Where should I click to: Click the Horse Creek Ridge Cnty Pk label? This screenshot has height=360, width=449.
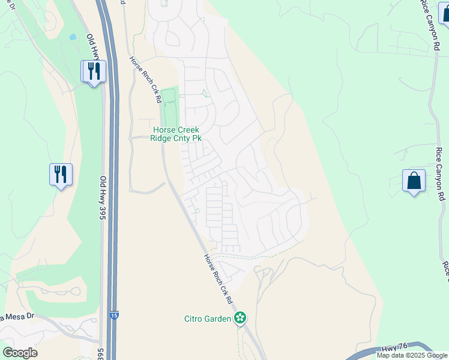[x=176, y=134]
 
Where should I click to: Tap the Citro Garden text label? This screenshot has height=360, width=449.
[x=208, y=319]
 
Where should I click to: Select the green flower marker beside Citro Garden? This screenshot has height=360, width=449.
[x=241, y=318]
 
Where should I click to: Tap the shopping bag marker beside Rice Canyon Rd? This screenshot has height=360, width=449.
[x=414, y=181]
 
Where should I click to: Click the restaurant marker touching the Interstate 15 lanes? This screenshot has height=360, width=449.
[x=94, y=71]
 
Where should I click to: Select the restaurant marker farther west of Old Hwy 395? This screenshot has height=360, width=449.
[x=61, y=175]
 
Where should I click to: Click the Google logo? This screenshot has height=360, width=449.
[x=20, y=353]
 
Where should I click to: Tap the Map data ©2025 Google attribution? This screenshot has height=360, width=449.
[x=412, y=355]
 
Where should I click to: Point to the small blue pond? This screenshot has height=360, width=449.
[x=73, y=37]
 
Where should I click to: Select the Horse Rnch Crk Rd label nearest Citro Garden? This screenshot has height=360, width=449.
[x=218, y=278]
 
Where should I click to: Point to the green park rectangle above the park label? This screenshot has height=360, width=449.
[x=169, y=104]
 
